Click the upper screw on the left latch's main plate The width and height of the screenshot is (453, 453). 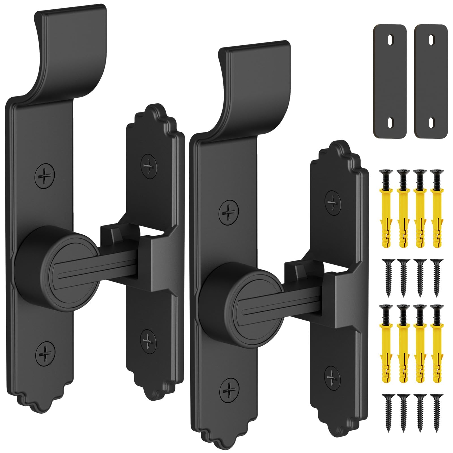(x=44, y=176)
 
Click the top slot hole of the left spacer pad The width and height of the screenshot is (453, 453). (x=390, y=38)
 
